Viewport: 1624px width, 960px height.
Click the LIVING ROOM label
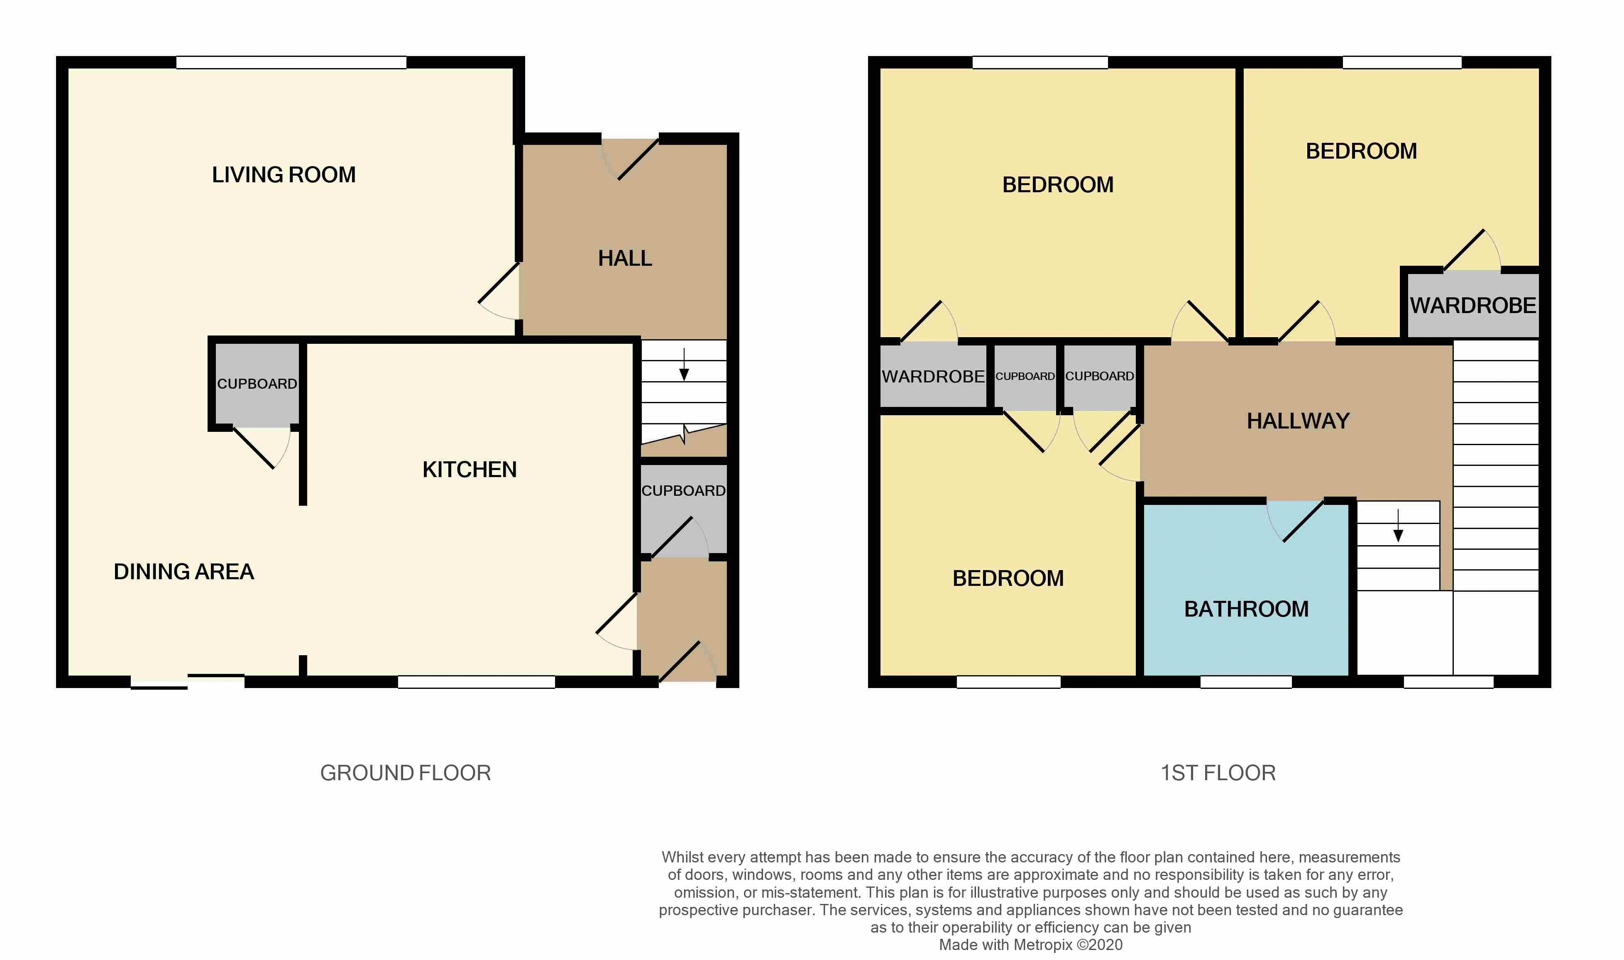(284, 175)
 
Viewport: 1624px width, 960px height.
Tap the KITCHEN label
(470, 470)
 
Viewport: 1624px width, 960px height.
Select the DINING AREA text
(183, 572)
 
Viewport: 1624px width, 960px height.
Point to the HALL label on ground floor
(625, 259)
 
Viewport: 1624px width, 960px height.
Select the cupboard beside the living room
(257, 384)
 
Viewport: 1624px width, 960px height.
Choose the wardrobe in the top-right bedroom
(1472, 305)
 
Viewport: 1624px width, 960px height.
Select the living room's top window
(291, 63)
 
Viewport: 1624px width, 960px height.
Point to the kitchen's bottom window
(476, 682)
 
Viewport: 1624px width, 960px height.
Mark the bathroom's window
(1246, 682)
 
